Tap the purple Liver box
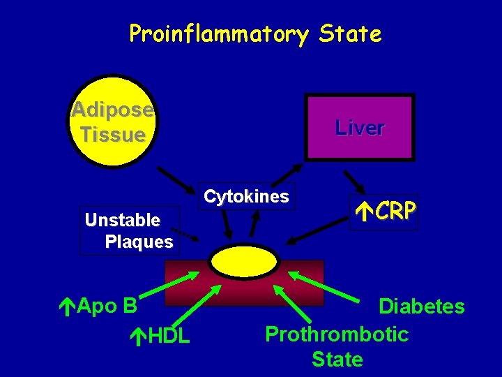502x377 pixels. tap(359, 128)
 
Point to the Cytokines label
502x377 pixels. tap(246, 197)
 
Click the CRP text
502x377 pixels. tap(395, 210)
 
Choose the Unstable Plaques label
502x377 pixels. tap(129, 231)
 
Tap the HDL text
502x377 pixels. tap(168, 336)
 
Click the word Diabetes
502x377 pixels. tap(421, 306)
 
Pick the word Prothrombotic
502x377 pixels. tap(337, 334)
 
